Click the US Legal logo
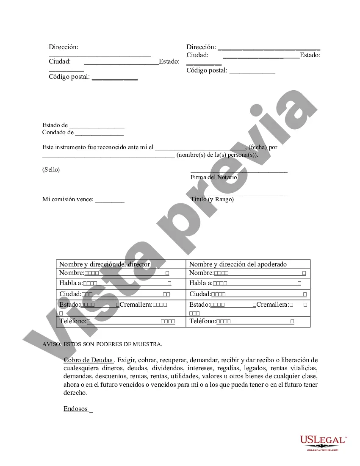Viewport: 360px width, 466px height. (x=323, y=442)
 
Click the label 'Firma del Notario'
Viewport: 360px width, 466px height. (x=213, y=177)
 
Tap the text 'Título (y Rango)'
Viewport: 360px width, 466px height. (x=212, y=199)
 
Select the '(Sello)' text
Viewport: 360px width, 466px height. (x=51, y=169)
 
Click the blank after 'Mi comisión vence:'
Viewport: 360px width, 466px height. (x=110, y=200)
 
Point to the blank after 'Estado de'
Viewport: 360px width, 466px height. (x=97, y=125)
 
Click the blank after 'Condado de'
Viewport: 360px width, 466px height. (x=99, y=133)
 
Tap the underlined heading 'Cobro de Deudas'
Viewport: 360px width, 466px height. (x=88, y=361)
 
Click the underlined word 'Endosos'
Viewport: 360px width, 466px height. (x=76, y=409)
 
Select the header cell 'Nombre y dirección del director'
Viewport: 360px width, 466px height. (x=105, y=264)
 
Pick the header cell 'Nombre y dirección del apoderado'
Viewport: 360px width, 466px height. (x=238, y=264)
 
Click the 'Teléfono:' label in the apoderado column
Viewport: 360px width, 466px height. (x=202, y=322)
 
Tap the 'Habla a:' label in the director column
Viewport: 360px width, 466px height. (x=71, y=283)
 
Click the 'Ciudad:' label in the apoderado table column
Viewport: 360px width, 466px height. (x=200, y=294)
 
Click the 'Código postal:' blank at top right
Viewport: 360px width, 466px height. (x=252, y=71)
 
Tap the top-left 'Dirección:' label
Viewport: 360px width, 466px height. (x=64, y=47)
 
